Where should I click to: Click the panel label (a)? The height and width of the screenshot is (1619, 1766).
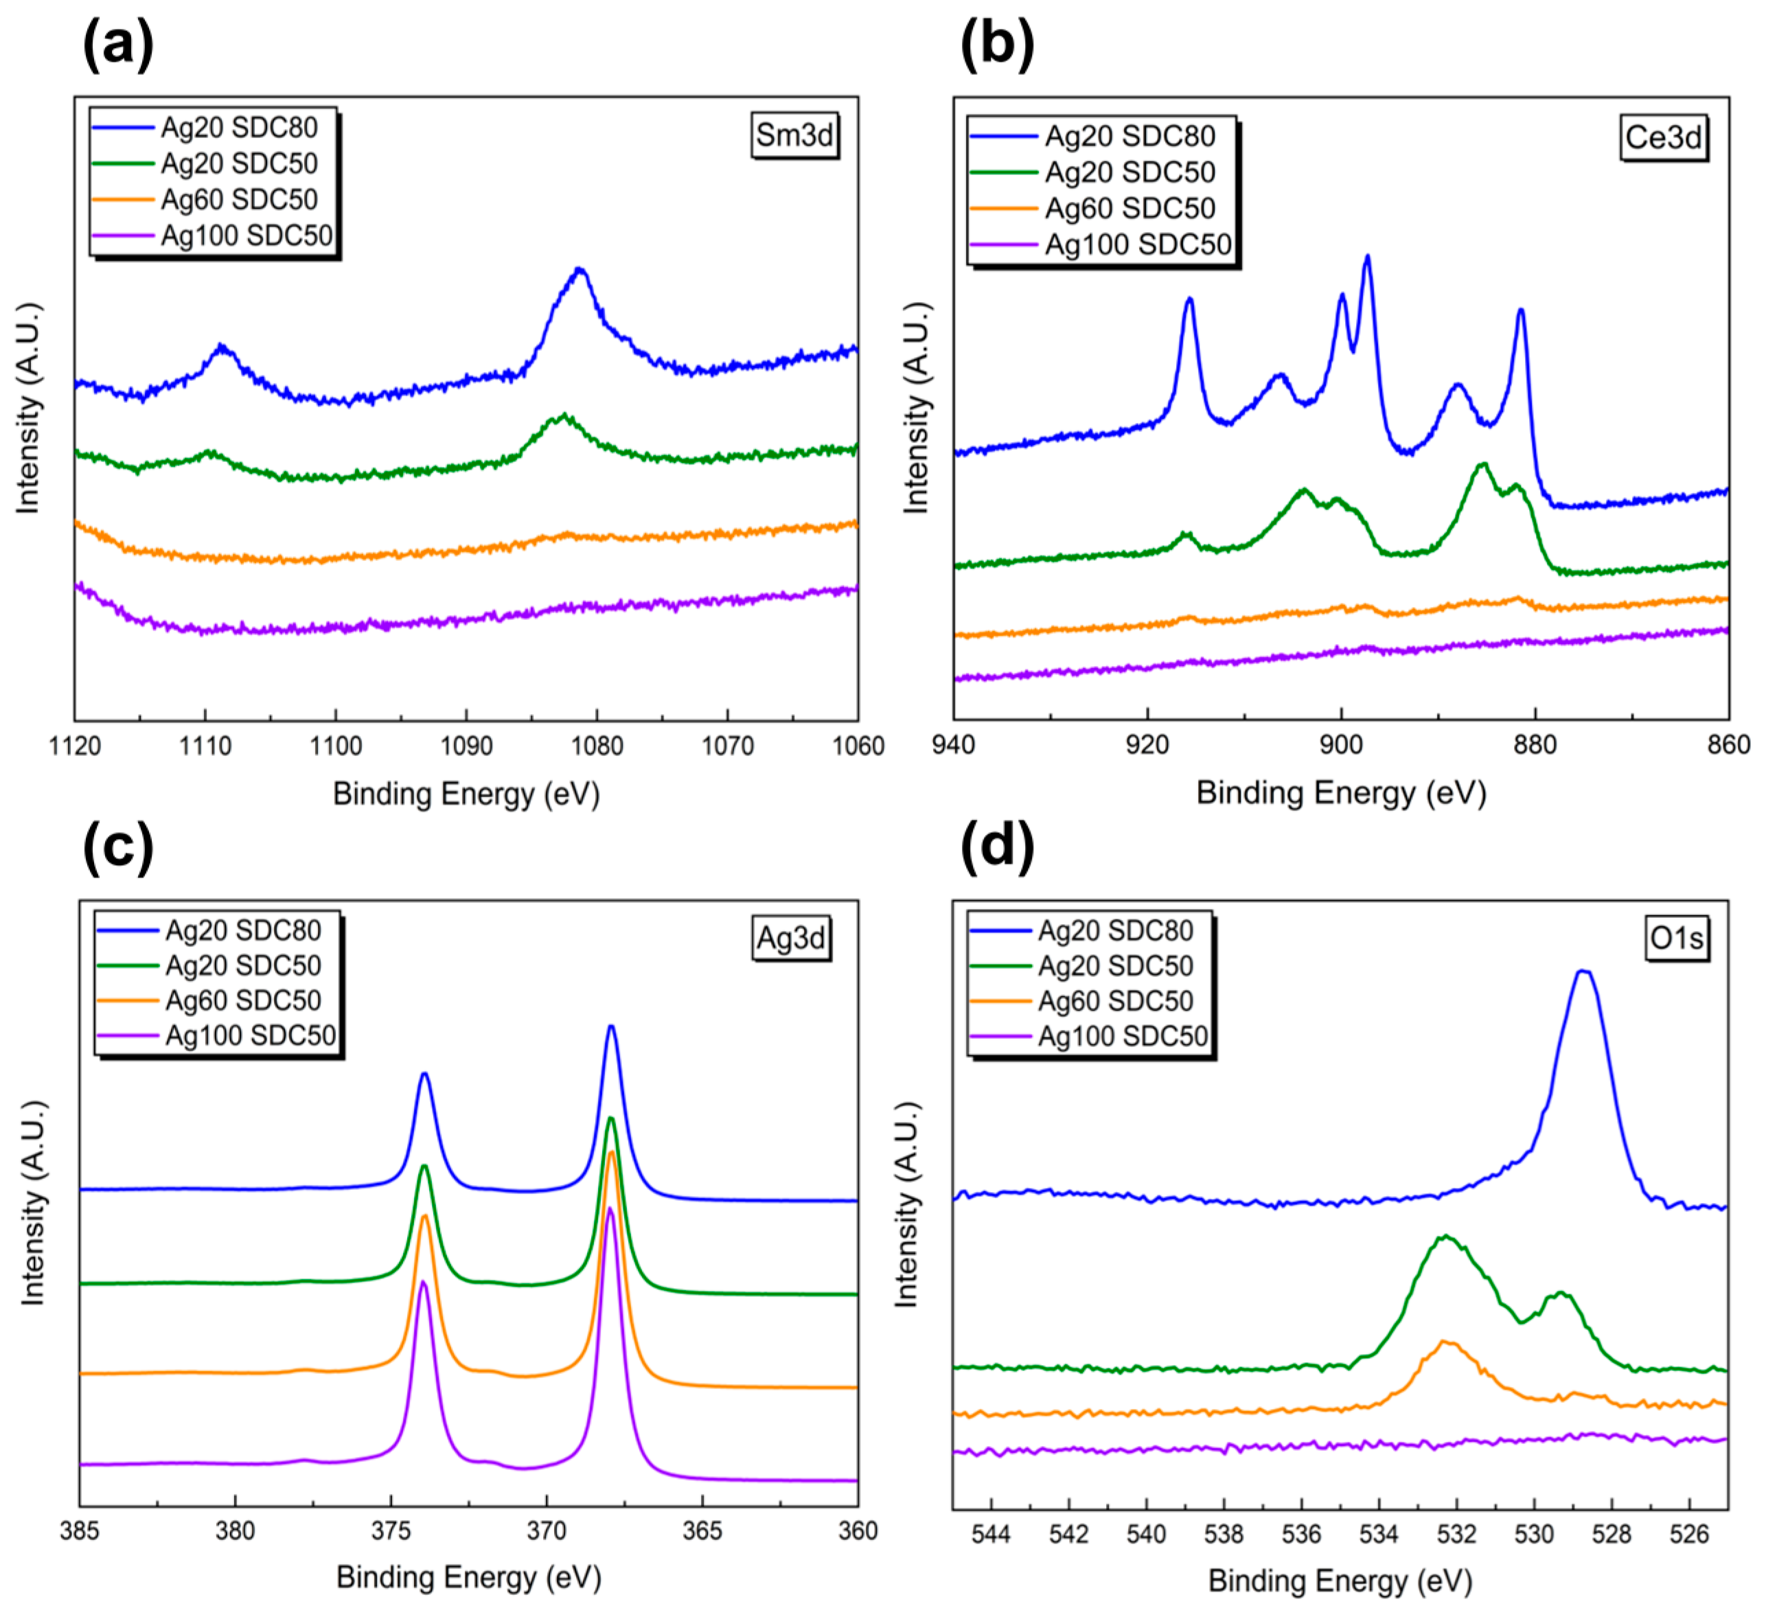pyautogui.click(x=117, y=44)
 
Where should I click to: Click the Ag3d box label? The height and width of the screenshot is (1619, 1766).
pyautogui.click(x=790, y=939)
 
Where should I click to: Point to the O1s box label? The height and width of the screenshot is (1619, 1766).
pyautogui.click(x=1676, y=939)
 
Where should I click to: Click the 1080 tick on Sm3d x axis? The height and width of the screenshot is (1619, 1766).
pyautogui.click(x=597, y=746)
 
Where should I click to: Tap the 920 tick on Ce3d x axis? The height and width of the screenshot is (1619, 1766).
pyautogui.click(x=1147, y=746)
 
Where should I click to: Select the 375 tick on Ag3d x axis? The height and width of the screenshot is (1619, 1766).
pyautogui.click(x=391, y=1531)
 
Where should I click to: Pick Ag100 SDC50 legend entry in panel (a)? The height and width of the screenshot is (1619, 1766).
pyautogui.click(x=246, y=236)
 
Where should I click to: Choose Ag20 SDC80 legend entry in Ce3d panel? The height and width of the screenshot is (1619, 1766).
pyautogui.click(x=1130, y=137)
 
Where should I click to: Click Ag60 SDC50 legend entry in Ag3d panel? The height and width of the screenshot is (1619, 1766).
pyautogui.click(x=242, y=1000)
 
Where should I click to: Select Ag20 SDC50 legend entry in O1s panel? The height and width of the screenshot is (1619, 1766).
pyautogui.click(x=1115, y=966)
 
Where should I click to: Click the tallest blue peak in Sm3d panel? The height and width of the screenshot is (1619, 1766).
pyautogui.click(x=579, y=270)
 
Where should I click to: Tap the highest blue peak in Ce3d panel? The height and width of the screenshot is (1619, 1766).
pyautogui.click(x=1368, y=257)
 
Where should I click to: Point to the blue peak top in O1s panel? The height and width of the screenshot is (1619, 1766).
pyautogui.click(x=1583, y=972)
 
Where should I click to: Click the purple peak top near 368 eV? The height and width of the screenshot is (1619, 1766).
pyautogui.click(x=610, y=1210)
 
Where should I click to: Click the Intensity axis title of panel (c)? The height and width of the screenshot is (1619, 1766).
pyautogui.click(x=32, y=1204)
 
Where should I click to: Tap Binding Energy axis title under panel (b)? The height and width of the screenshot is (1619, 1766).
pyautogui.click(x=1341, y=793)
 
